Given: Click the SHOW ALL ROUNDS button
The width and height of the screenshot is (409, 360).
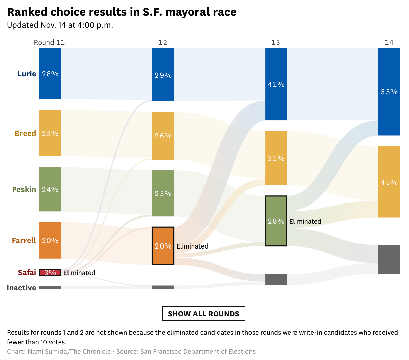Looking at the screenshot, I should pyautogui.click(x=203, y=314).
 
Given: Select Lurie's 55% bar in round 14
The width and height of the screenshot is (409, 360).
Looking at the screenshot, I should pyautogui.click(x=389, y=92).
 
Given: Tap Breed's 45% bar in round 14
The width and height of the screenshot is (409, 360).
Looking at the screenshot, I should pyautogui.click(x=389, y=182).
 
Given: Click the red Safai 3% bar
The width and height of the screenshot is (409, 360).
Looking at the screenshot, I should pyautogui.click(x=50, y=272).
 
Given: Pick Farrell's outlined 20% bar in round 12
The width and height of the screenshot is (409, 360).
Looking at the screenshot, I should pyautogui.click(x=163, y=246).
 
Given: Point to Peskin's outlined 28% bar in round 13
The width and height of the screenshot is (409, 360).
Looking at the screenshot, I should pyautogui.click(x=276, y=221).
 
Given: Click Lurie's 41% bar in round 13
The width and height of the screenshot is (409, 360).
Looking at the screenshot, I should pyautogui.click(x=276, y=84).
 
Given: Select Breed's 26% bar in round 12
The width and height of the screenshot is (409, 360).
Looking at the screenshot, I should pyautogui.click(x=163, y=136).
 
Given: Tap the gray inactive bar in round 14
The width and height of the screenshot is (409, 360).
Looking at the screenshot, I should pyautogui.click(x=389, y=259).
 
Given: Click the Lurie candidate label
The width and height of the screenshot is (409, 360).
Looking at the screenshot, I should pyautogui.click(x=27, y=74).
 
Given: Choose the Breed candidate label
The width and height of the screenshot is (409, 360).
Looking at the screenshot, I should pyautogui.click(x=25, y=133).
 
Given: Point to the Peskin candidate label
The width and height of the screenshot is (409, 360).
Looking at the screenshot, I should pyautogui.click(x=24, y=189).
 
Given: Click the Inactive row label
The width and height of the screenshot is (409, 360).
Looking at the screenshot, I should pyautogui.click(x=21, y=288).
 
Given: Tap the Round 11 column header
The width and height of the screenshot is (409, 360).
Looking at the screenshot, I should pyautogui.click(x=49, y=42).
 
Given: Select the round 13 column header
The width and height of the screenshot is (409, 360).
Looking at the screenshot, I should pyautogui.click(x=276, y=42).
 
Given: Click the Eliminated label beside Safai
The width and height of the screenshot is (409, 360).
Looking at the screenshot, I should pyautogui.click(x=79, y=273).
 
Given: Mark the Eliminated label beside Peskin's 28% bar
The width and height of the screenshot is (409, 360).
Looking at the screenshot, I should pyautogui.click(x=305, y=221).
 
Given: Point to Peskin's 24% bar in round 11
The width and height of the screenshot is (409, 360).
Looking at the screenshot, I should pyautogui.click(x=50, y=189).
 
